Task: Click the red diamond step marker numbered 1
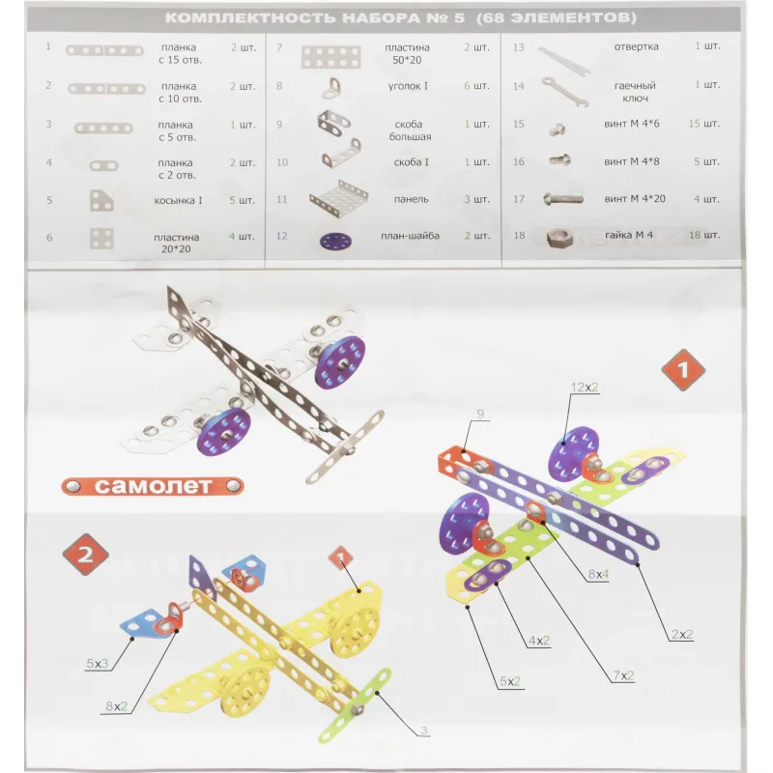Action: click(683, 370)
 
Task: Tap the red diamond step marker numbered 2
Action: click(85, 555)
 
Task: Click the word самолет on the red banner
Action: click(153, 487)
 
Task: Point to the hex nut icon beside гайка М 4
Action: click(560, 238)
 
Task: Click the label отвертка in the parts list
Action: click(636, 46)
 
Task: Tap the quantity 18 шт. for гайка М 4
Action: click(704, 235)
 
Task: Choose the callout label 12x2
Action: click(585, 387)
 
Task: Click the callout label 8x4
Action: click(598, 574)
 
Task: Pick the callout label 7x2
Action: click(623, 675)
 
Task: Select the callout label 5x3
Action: click(98, 664)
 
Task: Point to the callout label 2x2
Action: click(682, 635)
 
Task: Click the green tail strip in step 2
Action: click(355, 705)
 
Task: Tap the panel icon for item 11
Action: click(339, 200)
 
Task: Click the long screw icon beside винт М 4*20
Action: click(563, 199)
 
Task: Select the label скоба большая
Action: click(409, 130)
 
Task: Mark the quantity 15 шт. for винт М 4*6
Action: click(704, 124)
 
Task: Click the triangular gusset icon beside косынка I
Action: click(101, 201)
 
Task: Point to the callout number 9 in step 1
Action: click(480, 415)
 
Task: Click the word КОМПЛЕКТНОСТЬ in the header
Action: click(250, 18)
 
